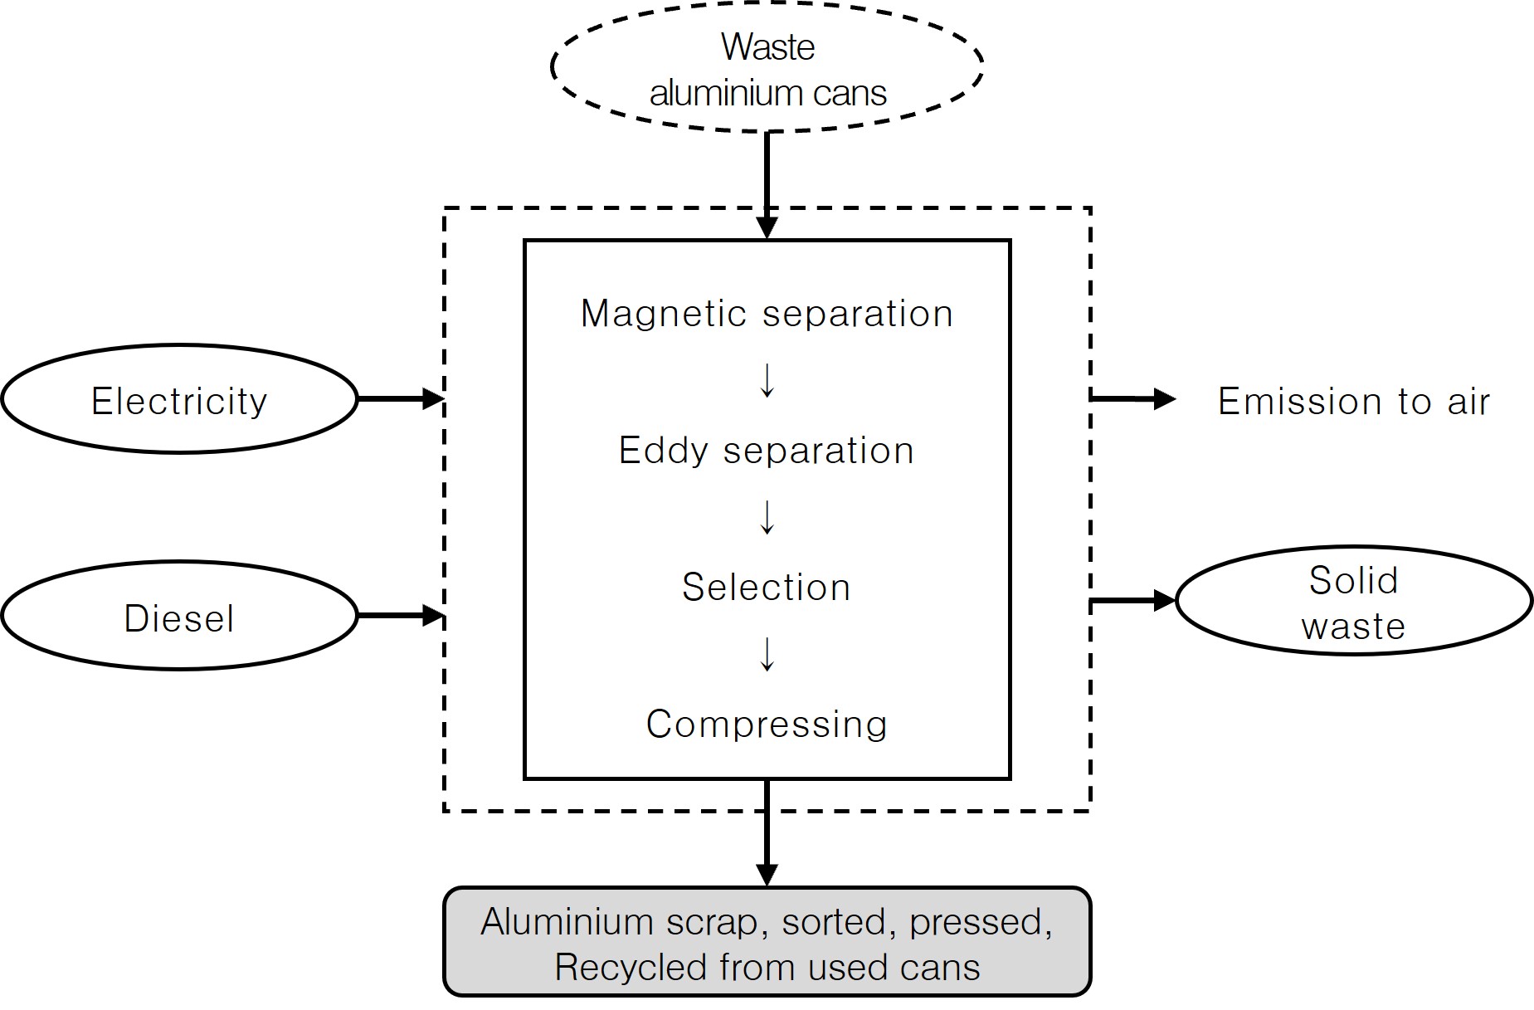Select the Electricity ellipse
pos(179,399)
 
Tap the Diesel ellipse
pos(179,617)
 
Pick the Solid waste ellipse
pos(1353,602)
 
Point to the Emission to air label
pos(1353,402)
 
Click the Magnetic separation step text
pos(767,314)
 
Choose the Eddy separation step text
pos(767,451)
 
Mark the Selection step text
pos(767,588)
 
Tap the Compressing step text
pos(767,725)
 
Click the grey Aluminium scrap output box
pos(767,942)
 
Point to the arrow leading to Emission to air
pos(1132,399)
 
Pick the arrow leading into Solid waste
pos(1132,600)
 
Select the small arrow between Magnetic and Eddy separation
pos(767,381)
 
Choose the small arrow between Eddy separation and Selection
pos(767,518)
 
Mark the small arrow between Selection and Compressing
pos(767,655)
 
